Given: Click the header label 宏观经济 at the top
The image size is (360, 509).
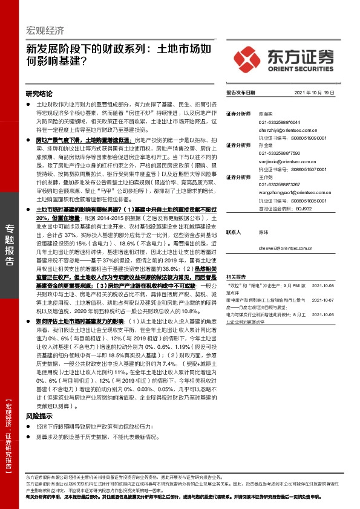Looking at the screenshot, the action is [x=45, y=31].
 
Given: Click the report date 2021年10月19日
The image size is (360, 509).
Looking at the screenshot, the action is [x=314, y=93].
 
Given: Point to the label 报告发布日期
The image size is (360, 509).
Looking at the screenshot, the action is [x=241, y=93].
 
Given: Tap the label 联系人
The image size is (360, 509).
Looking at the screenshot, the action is [x=234, y=232].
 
